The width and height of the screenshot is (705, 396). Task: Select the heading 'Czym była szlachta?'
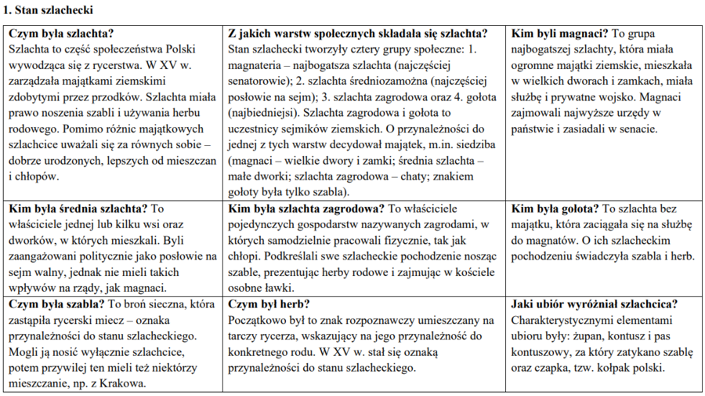(x=60, y=34)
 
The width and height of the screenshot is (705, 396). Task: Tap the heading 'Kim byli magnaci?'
(x=556, y=34)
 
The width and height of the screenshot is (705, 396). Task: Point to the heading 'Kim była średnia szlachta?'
(x=77, y=209)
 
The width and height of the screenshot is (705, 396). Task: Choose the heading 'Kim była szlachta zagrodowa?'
(x=305, y=209)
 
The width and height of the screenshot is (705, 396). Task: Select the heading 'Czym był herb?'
(x=267, y=304)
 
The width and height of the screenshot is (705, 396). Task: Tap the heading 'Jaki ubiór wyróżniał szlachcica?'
(x=594, y=304)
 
